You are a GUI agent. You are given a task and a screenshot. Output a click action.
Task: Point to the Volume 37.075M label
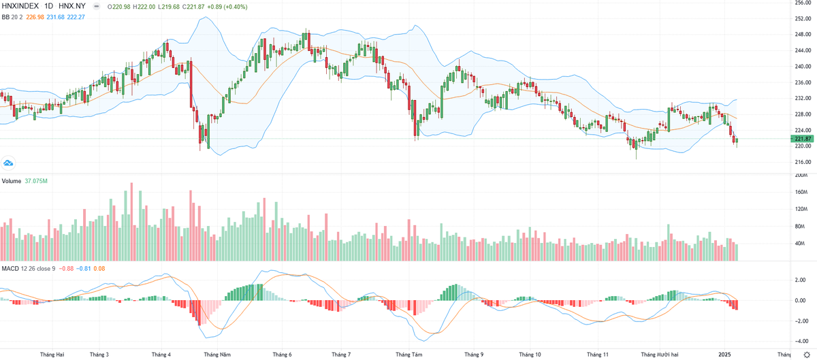tap(25, 181)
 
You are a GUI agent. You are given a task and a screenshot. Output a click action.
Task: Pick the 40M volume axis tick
tap(801, 244)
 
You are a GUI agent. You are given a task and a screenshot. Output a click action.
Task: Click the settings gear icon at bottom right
tap(807, 355)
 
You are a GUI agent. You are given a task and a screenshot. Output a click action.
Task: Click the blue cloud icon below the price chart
tap(9, 163)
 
